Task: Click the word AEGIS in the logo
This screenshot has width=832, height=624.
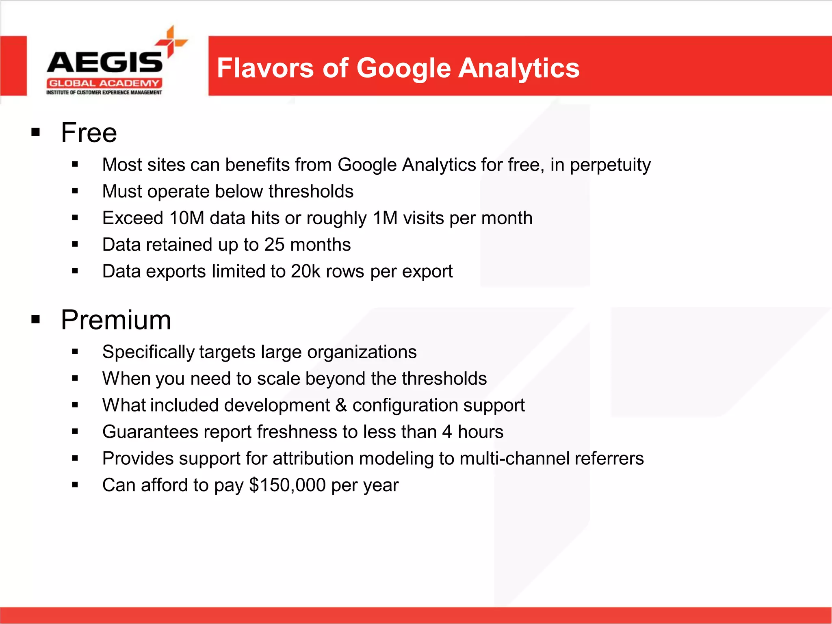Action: click(104, 63)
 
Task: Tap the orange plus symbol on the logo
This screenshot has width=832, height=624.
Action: click(171, 41)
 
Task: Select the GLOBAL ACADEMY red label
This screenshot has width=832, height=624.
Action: click(104, 83)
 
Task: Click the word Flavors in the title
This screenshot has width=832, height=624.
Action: click(265, 68)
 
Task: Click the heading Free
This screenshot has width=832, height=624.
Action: click(89, 133)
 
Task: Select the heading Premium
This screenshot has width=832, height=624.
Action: click(116, 320)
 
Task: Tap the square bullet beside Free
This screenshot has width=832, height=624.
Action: click(36, 132)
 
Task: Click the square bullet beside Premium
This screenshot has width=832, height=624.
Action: click(36, 319)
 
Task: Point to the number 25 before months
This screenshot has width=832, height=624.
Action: click(274, 245)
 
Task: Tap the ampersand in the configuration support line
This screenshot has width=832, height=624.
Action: click(341, 405)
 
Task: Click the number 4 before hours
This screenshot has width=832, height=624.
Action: click(447, 432)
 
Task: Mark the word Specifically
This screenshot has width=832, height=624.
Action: click(148, 352)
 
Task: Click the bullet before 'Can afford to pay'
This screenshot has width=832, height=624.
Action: click(75, 484)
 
